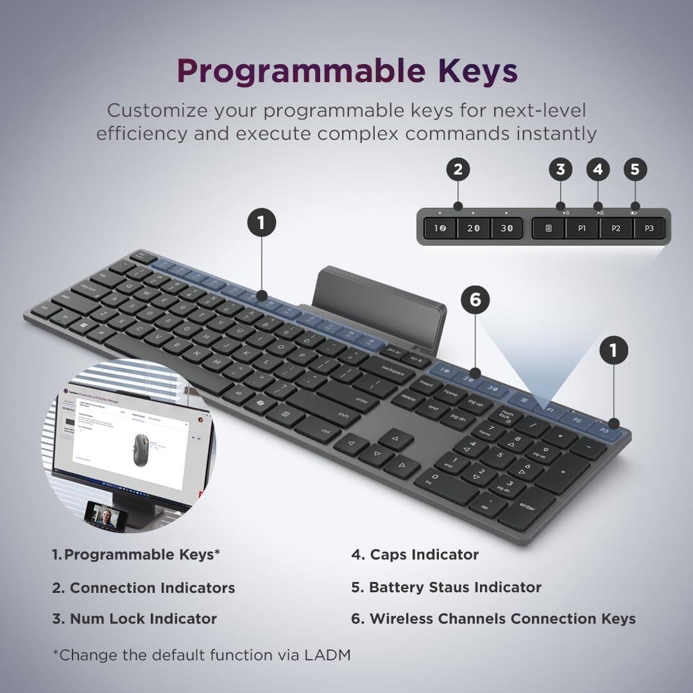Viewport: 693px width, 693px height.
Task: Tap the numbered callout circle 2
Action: (x=458, y=170)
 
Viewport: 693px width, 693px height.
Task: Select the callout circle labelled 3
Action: (x=561, y=170)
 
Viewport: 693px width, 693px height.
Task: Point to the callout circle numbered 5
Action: (x=635, y=170)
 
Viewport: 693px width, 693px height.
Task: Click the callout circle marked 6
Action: (x=475, y=300)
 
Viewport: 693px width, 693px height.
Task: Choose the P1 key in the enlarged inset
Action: (x=582, y=228)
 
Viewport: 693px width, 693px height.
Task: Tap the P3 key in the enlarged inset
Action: (x=649, y=228)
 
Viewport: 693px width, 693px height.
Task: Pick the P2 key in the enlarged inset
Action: (x=616, y=228)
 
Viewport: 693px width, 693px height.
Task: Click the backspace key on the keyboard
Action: (x=396, y=369)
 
